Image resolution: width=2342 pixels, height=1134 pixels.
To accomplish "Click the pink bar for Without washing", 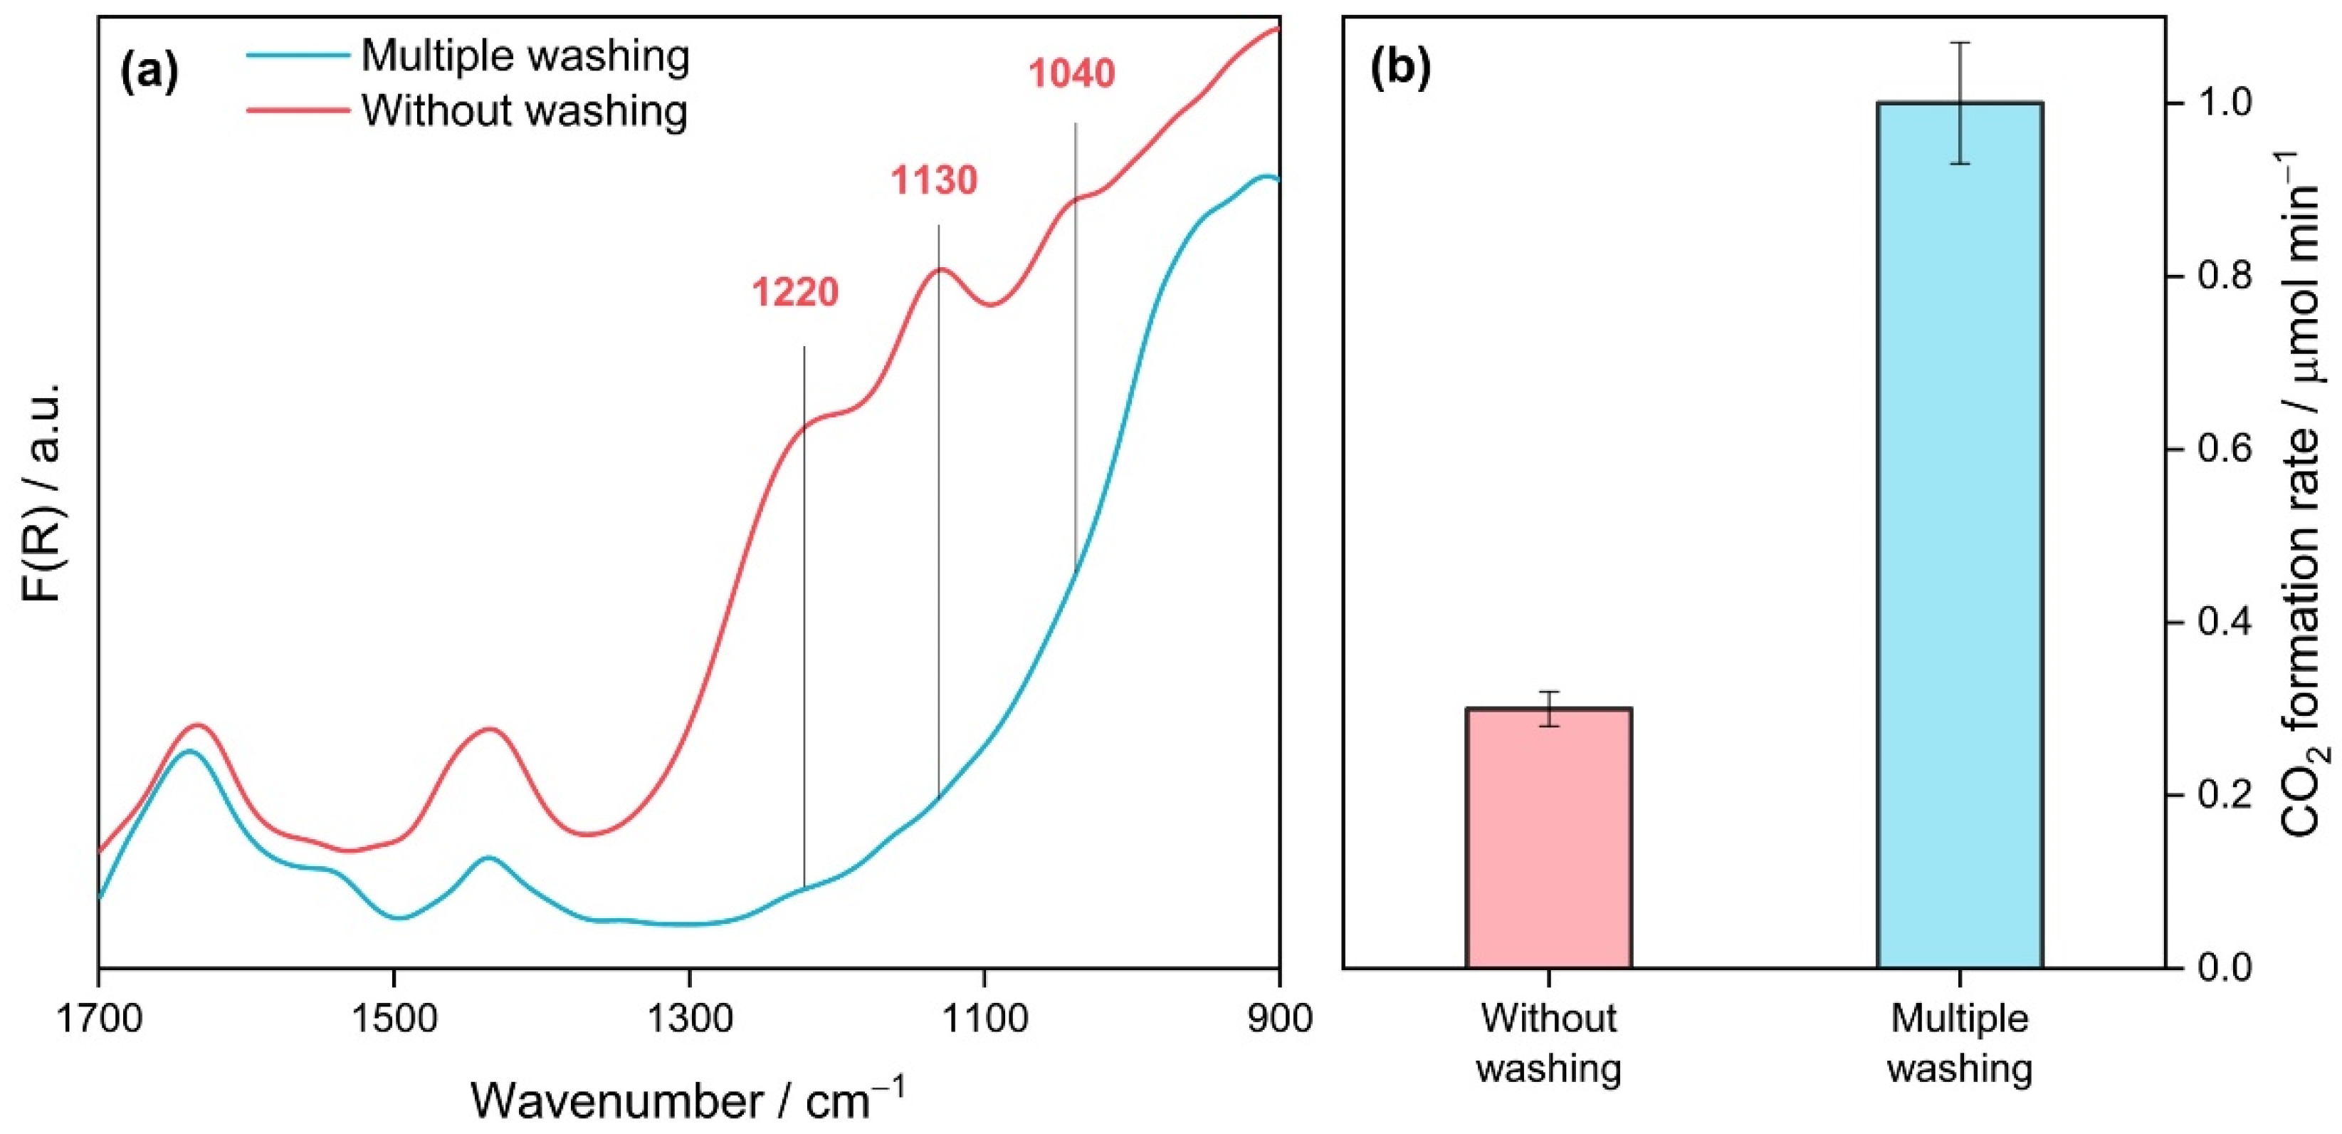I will click(x=1548, y=837).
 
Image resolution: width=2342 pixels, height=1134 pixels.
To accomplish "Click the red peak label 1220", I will click(x=794, y=293).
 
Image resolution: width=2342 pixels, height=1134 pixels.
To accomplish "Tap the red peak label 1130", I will click(x=934, y=181).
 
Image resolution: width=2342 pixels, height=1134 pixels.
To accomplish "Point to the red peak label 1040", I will click(x=1071, y=73).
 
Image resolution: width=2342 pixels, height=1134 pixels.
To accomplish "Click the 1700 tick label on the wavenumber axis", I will click(x=99, y=1018).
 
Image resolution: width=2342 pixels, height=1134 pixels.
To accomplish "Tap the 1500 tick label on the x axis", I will click(x=394, y=1018).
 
